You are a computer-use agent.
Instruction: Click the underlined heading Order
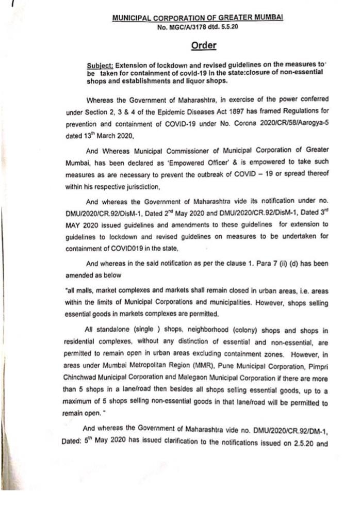[x=204, y=45]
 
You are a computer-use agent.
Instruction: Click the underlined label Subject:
[x=100, y=66]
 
